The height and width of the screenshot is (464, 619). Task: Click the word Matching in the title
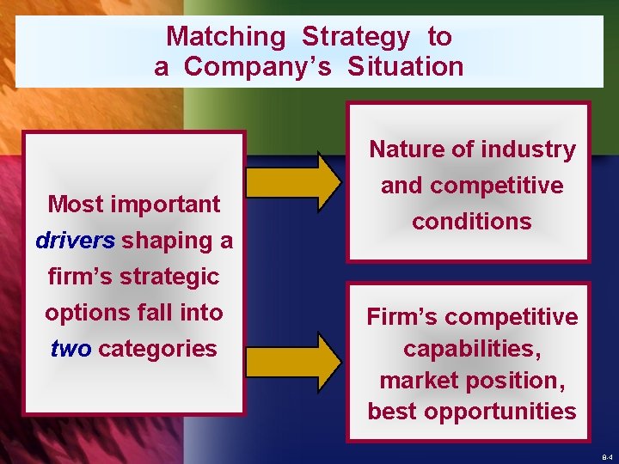[225, 36]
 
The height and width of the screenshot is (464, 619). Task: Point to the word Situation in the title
[406, 67]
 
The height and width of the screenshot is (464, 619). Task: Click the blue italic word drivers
[75, 241]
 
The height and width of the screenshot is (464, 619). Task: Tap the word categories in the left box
[158, 349]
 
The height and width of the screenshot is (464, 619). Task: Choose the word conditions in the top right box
[472, 222]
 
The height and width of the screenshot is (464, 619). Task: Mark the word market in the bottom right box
[419, 380]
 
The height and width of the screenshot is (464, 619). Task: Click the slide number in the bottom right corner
[607, 457]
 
